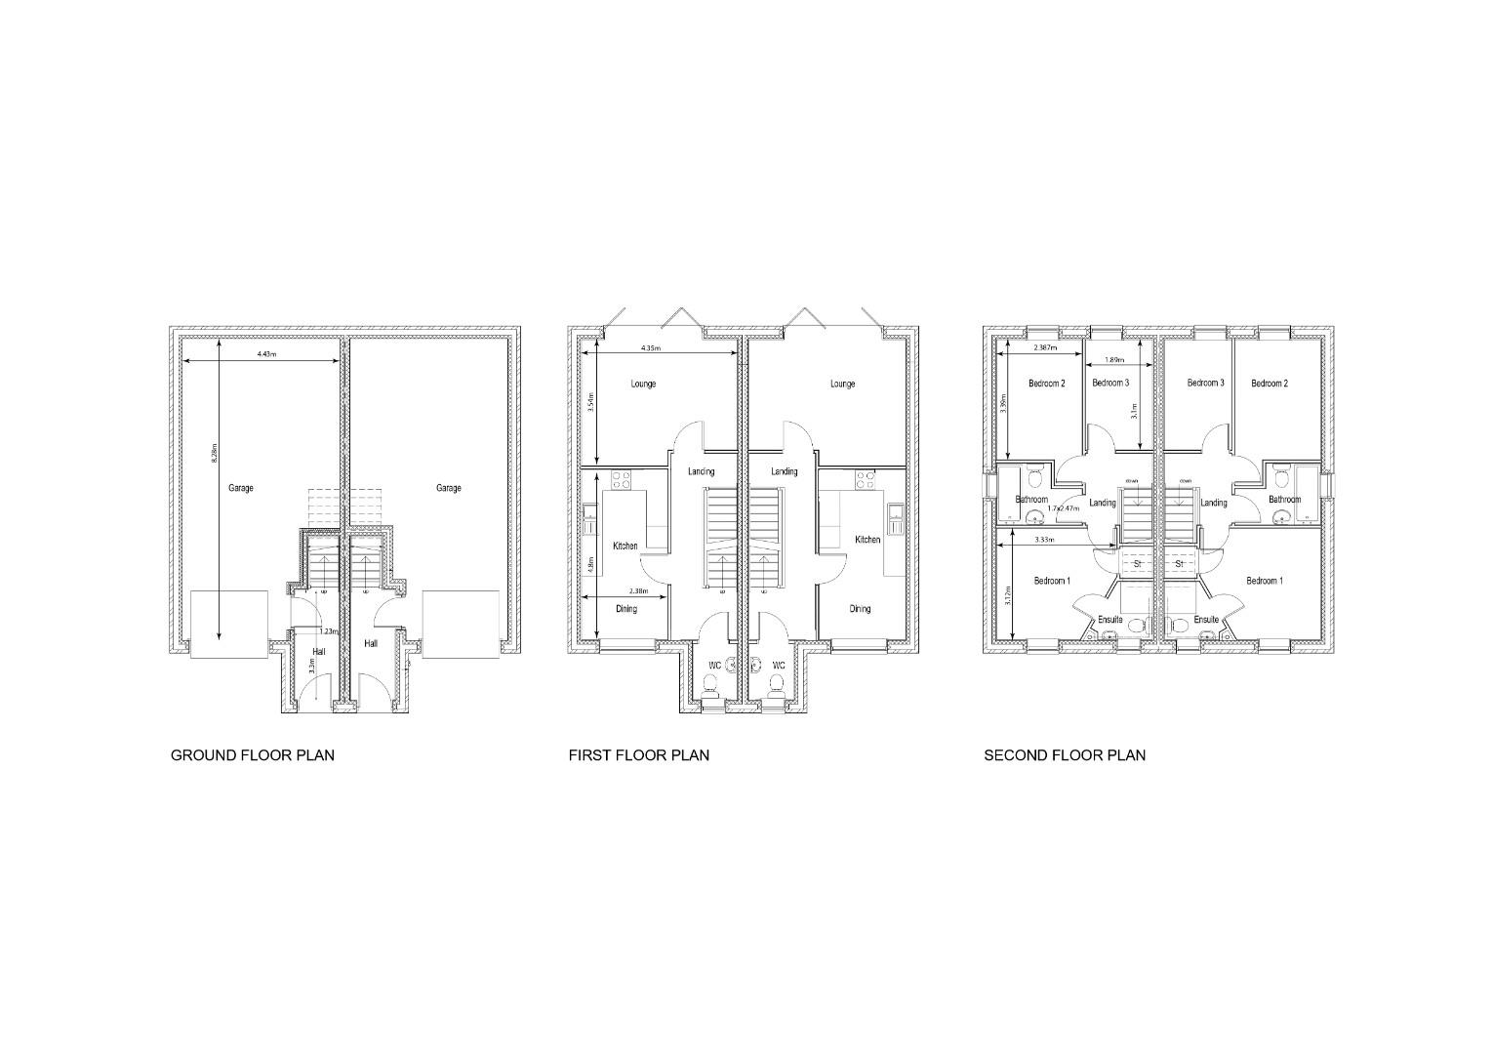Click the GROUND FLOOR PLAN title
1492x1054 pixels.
coord(252,755)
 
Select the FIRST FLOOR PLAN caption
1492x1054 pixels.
coord(638,755)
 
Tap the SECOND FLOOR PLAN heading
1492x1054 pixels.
coord(1064,755)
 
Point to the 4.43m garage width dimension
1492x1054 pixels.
coord(265,354)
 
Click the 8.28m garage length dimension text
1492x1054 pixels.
coord(215,454)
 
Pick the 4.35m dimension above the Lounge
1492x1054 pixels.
coord(651,348)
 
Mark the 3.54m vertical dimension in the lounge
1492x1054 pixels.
coord(590,402)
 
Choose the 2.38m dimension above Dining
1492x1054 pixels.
coord(638,590)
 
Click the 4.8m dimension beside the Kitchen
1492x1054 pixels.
coord(590,564)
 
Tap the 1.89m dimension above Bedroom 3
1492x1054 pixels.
coord(1113,360)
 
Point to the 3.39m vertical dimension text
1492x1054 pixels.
coord(1004,402)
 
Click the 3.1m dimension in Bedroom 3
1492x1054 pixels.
coord(1133,410)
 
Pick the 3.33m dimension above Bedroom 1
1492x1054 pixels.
coord(1043,539)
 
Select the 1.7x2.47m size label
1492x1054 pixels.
coord(1063,508)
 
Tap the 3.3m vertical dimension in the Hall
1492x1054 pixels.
coord(311,667)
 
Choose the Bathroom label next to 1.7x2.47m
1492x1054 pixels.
coord(1030,500)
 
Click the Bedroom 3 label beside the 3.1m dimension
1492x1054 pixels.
coord(1110,384)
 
